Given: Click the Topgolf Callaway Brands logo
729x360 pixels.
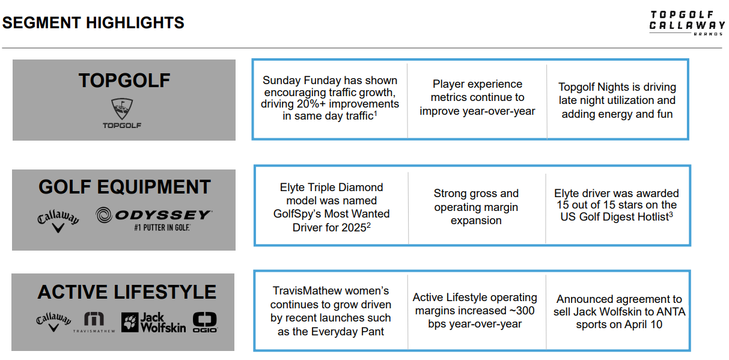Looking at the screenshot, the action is (x=687, y=23).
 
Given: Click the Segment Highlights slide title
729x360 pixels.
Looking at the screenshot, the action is (x=93, y=23).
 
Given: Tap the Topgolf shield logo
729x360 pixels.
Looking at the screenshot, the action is (x=122, y=109).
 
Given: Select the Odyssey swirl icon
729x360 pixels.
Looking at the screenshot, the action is (x=104, y=215).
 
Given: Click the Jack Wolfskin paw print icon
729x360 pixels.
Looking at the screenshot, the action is (x=130, y=322).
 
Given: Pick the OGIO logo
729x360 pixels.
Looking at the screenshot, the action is (x=205, y=322).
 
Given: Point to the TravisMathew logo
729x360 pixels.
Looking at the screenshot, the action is (x=94, y=322).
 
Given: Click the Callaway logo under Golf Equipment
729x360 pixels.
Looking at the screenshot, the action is (x=58, y=221).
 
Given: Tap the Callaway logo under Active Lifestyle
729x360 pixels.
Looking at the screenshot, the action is (x=53, y=322).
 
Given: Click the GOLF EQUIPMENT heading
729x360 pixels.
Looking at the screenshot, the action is (x=124, y=187).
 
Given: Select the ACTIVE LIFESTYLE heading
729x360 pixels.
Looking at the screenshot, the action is (x=127, y=291).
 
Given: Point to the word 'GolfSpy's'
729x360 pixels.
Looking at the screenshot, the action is (x=296, y=214).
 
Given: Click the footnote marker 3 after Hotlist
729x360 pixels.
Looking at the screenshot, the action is (x=671, y=214).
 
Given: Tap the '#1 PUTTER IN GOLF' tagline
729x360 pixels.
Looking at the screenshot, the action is (x=162, y=228).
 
